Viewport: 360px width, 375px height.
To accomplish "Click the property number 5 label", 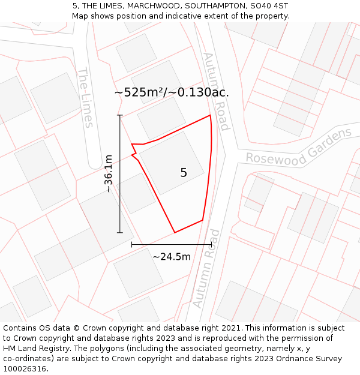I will pyautogui.click(x=184, y=173).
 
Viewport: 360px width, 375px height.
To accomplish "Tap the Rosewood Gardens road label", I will pyautogui.click(x=299, y=148).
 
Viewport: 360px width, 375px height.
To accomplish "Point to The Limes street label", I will pyautogui.click(x=85, y=97).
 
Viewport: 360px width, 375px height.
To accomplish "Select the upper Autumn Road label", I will pyautogui.click(x=215, y=91).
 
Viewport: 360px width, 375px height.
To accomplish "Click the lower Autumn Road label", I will pyautogui.click(x=206, y=268).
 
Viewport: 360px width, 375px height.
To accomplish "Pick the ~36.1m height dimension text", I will pyautogui.click(x=109, y=173).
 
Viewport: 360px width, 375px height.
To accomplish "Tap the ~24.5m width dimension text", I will pyautogui.click(x=172, y=257).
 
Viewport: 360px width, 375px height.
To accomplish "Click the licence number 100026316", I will pyautogui.click(x=26, y=368).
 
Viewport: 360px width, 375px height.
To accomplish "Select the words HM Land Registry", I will pyautogui.click(x=38, y=348).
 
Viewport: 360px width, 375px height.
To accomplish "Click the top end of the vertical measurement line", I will pyautogui.click(x=120, y=115).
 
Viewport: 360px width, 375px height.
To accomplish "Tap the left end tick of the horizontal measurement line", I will pyautogui.click(x=132, y=245).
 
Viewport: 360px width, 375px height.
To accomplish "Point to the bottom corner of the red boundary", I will pyautogui.click(x=175, y=232).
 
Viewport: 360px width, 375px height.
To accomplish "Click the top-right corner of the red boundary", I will pyautogui.click(x=210, y=115).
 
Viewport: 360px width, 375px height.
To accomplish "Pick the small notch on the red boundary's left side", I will pyautogui.click(x=133, y=155).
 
